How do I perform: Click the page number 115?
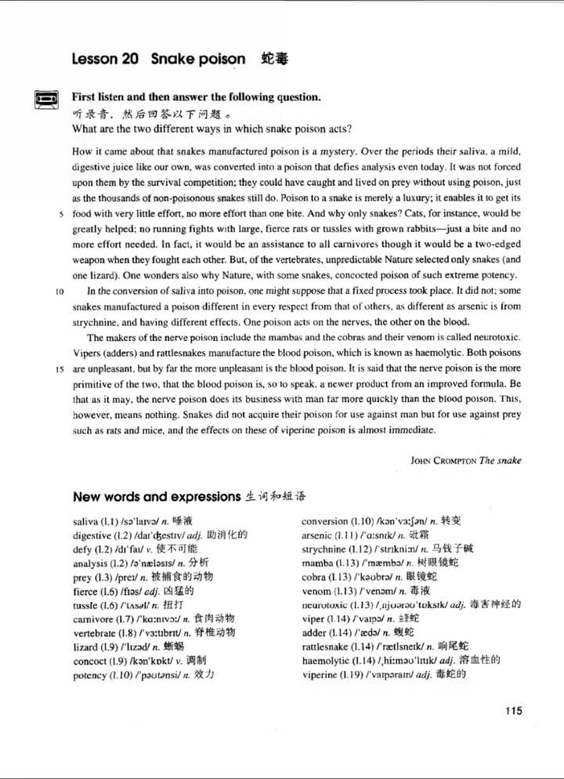513,712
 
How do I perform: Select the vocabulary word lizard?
85,646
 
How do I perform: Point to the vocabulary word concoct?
90,660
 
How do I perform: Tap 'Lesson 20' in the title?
105,59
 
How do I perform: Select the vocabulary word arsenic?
319,534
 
